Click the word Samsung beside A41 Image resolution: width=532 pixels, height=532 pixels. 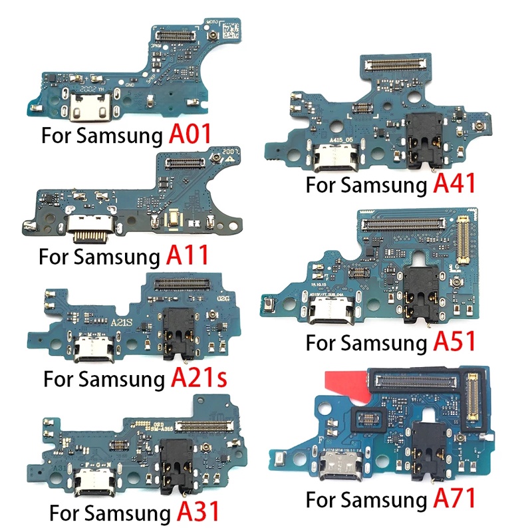point(379,186)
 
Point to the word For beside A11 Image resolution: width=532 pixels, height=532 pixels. point(53,256)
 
